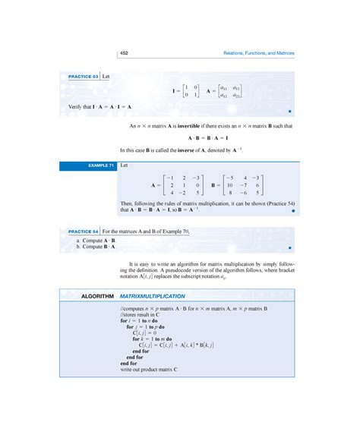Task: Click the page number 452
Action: coord(125,53)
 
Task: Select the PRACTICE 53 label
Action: coord(84,77)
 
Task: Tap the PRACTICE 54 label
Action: coord(84,230)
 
